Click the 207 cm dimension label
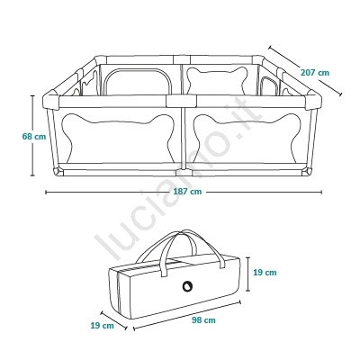[315, 73]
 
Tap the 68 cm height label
[34, 137]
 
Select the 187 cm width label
[187, 192]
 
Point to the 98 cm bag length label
[203, 320]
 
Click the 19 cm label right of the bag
[265, 273]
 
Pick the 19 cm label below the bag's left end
[103, 325]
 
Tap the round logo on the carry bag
[187, 286]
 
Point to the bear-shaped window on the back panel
[217, 80]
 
